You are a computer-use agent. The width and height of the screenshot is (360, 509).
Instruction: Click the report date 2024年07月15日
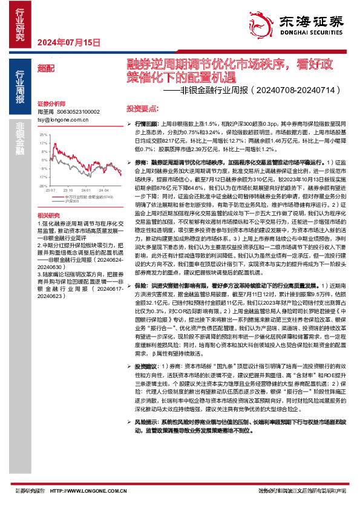tap(68, 42)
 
